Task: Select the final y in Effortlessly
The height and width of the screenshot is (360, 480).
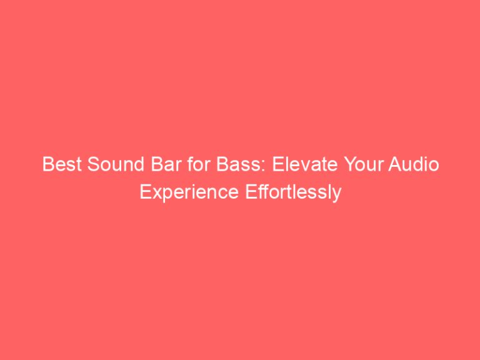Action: [337, 194]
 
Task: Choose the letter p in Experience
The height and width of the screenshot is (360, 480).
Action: [164, 194]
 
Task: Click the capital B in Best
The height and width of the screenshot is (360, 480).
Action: [46, 166]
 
